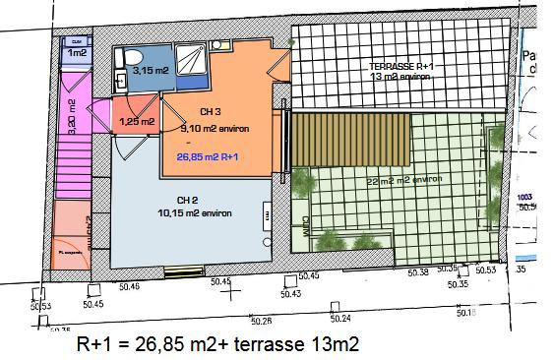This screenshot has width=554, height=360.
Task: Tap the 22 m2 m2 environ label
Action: click(x=402, y=180)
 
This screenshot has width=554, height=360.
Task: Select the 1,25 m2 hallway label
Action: click(x=135, y=121)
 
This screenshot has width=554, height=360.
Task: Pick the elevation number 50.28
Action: click(x=261, y=319)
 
